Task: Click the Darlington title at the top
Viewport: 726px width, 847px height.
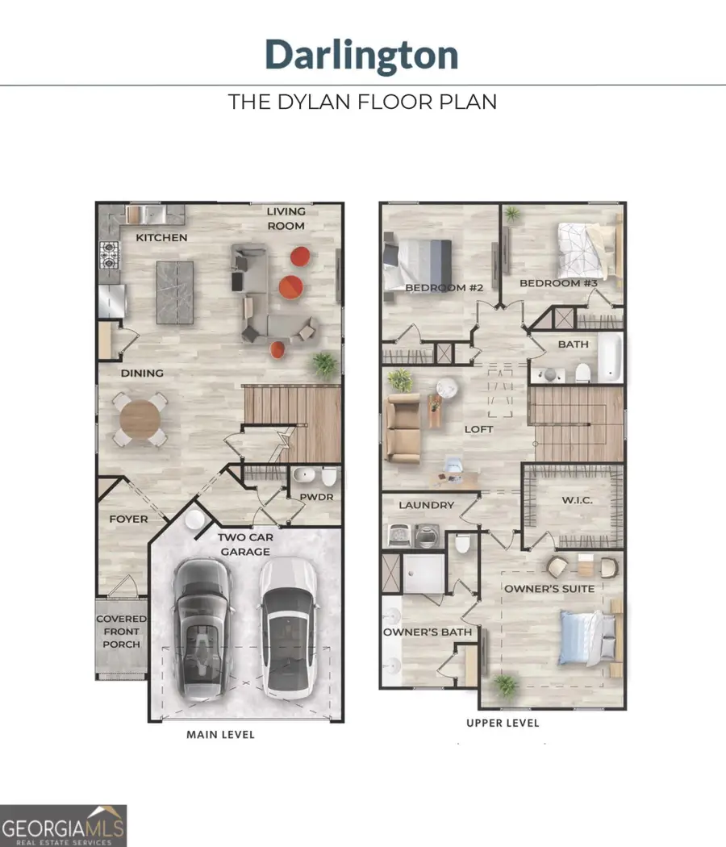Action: click(361, 55)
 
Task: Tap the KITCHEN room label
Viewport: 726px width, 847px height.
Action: click(161, 238)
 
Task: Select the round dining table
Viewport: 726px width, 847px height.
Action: click(140, 419)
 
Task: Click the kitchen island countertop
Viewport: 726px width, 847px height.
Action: click(175, 292)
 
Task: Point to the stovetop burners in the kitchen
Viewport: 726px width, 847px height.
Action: click(109, 255)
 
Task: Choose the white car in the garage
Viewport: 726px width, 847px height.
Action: click(288, 628)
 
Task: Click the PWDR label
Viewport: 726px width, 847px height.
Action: click(316, 497)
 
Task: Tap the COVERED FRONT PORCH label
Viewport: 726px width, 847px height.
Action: click(122, 632)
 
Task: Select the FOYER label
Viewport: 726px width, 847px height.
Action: click(128, 519)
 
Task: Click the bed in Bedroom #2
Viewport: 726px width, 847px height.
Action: click(417, 263)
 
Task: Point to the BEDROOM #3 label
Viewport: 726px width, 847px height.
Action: click(558, 283)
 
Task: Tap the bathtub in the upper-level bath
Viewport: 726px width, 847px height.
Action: click(610, 357)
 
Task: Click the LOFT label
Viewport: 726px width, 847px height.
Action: click(478, 429)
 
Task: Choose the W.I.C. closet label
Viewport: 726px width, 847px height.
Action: click(577, 500)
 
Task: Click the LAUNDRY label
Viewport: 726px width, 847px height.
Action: click(426, 505)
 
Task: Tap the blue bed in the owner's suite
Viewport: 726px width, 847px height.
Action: click(588, 637)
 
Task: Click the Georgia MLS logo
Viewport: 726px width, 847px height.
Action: click(63, 826)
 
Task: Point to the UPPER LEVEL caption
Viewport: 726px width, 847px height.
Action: click(503, 723)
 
